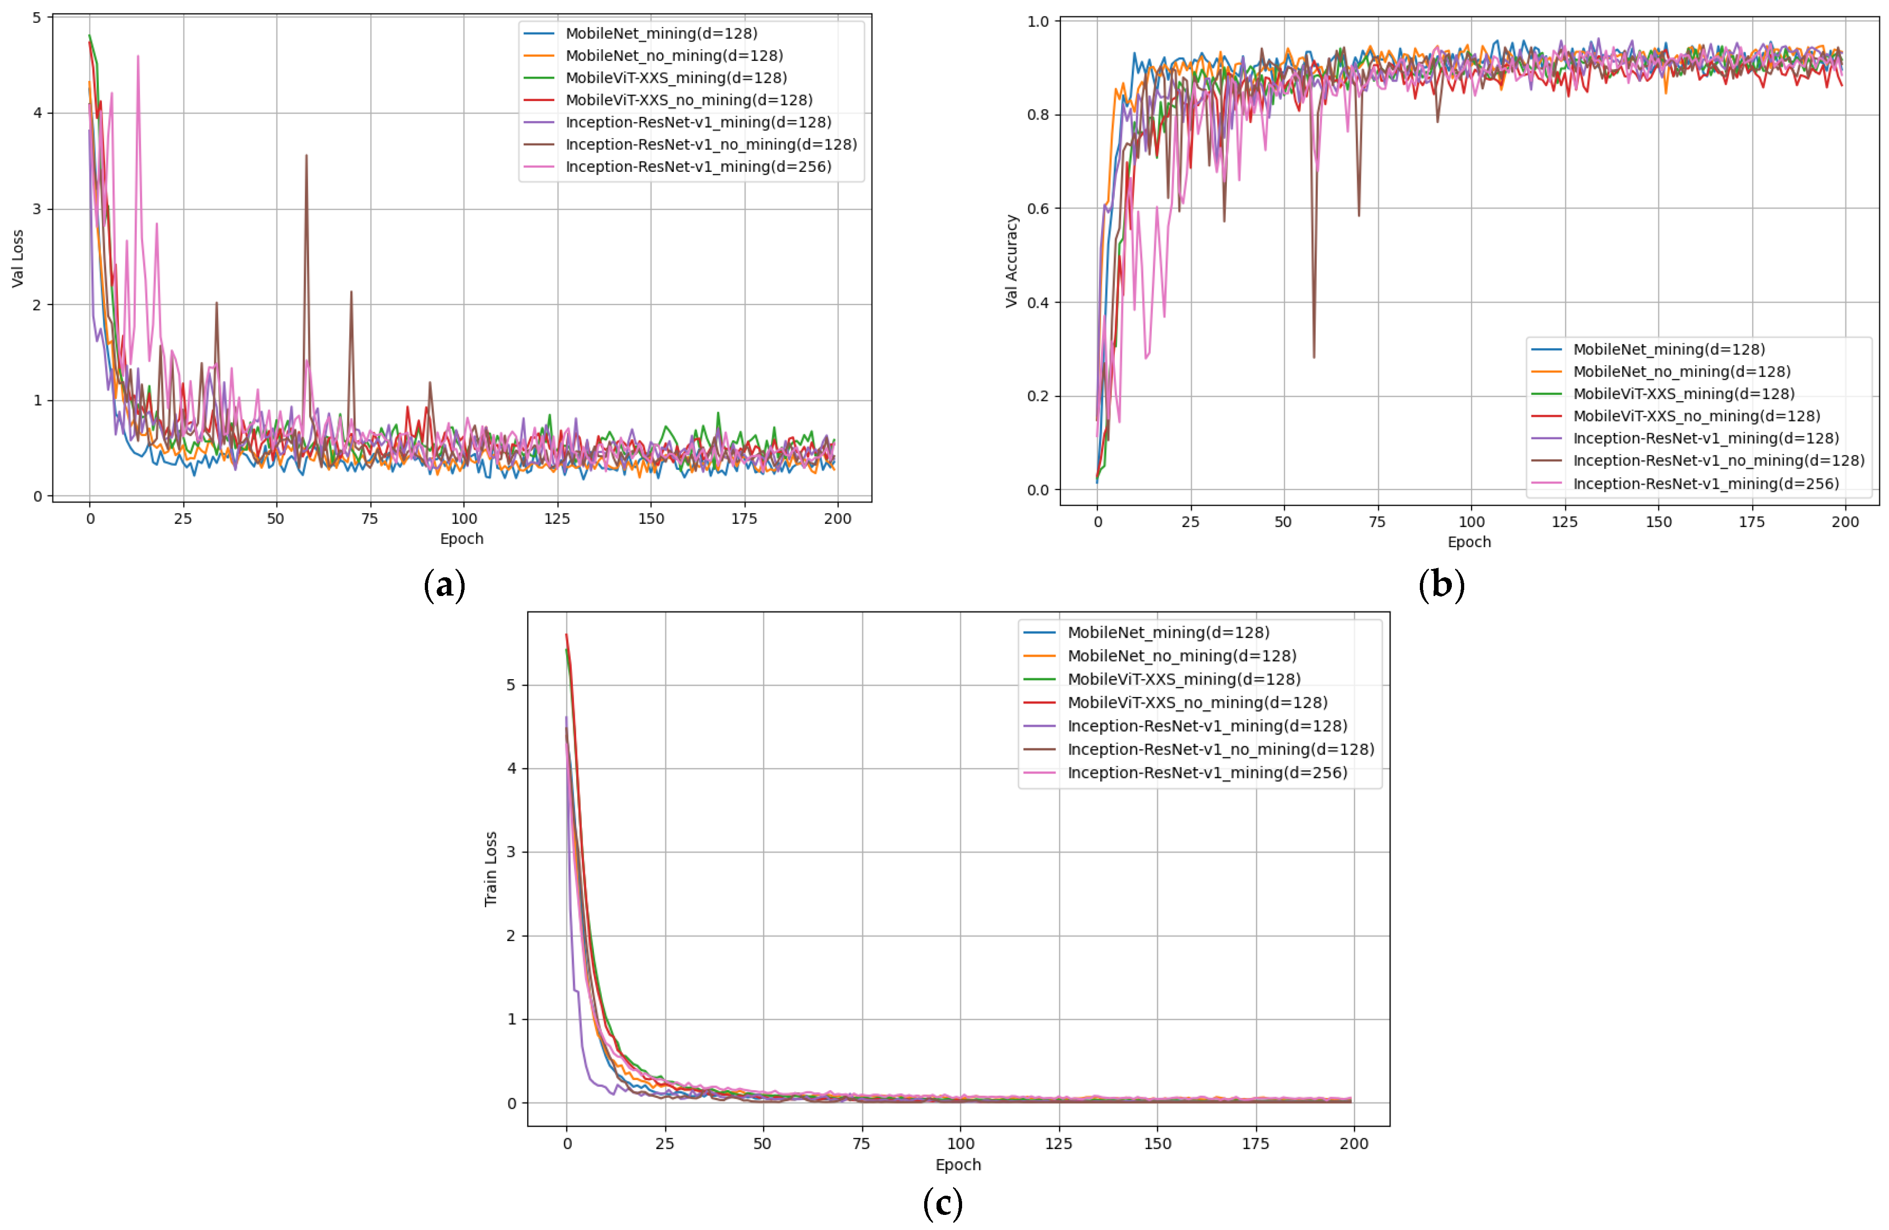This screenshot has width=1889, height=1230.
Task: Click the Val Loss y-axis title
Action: pyautogui.click(x=17, y=258)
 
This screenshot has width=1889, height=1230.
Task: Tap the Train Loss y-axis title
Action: pyautogui.click(x=491, y=869)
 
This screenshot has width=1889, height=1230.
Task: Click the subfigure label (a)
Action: pyautogui.click(x=444, y=585)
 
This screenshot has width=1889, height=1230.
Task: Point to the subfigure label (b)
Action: pyautogui.click(x=1440, y=585)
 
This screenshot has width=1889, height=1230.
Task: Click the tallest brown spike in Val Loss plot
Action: pyautogui.click(x=306, y=156)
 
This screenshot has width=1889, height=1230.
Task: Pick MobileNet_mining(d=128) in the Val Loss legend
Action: pyautogui.click(x=661, y=33)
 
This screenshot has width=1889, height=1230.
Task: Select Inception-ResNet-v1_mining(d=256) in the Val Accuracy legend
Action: pyautogui.click(x=1706, y=483)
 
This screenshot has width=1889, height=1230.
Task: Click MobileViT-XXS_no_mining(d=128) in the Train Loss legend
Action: pyautogui.click(x=1197, y=702)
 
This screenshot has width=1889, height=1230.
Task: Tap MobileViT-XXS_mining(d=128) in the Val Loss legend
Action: pyautogui.click(x=675, y=78)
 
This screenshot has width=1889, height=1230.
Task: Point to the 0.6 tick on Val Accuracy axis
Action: pyautogui.click(x=1038, y=209)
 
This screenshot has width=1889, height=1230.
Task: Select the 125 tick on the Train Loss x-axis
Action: pyautogui.click(x=1059, y=1144)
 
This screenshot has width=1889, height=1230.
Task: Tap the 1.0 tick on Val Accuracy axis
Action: pyautogui.click(x=1038, y=21)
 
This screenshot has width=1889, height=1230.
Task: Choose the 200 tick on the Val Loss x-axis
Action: pyautogui.click(x=837, y=519)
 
